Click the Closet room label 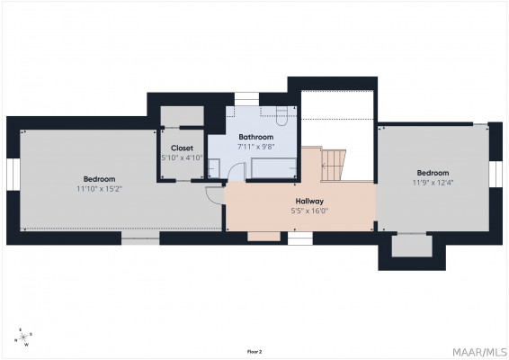tap(182, 148)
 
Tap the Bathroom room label tap(255, 137)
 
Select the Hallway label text tap(309, 201)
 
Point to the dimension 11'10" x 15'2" tap(99, 189)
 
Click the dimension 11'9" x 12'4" tap(433, 183)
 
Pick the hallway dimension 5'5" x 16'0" tap(309, 211)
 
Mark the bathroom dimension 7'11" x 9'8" tap(255, 147)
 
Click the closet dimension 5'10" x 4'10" tap(183, 157)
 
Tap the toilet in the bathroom tap(281, 116)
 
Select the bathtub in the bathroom tap(273, 168)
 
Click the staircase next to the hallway tap(333, 166)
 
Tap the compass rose tap(23, 337)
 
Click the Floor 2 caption tap(254, 352)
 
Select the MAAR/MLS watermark tap(479, 352)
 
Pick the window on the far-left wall tap(13, 175)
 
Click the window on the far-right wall tap(496, 175)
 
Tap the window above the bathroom tap(246, 99)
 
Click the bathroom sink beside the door tap(214, 168)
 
